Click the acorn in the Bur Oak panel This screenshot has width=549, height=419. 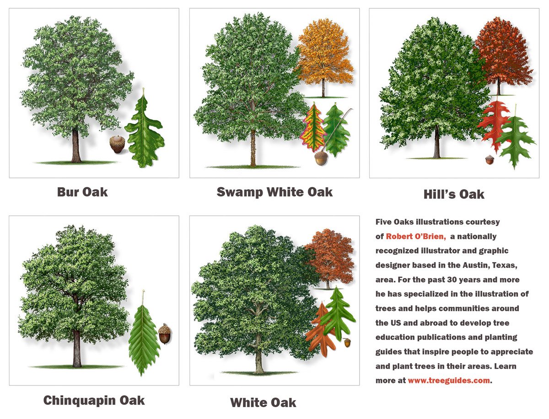tap(118, 144)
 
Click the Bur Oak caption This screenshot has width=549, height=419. tap(82, 192)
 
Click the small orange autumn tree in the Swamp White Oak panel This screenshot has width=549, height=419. tap(324, 55)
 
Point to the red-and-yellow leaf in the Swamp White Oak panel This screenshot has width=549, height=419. tap(313, 128)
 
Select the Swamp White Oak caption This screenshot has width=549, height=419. tap(274, 192)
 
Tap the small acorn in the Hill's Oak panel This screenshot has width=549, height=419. tap(490, 160)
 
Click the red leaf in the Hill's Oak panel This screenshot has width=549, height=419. tap(493, 121)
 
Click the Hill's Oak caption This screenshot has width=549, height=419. tap(454, 194)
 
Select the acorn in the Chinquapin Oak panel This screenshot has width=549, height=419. tap(165, 334)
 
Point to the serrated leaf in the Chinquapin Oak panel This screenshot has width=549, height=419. tap(144, 338)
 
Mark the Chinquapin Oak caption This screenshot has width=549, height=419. tap(94, 401)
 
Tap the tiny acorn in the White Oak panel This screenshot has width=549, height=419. tap(348, 342)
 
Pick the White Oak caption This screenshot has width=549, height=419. tap(263, 403)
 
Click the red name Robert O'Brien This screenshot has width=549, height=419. tap(416, 236)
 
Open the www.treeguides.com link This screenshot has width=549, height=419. tap(448, 381)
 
